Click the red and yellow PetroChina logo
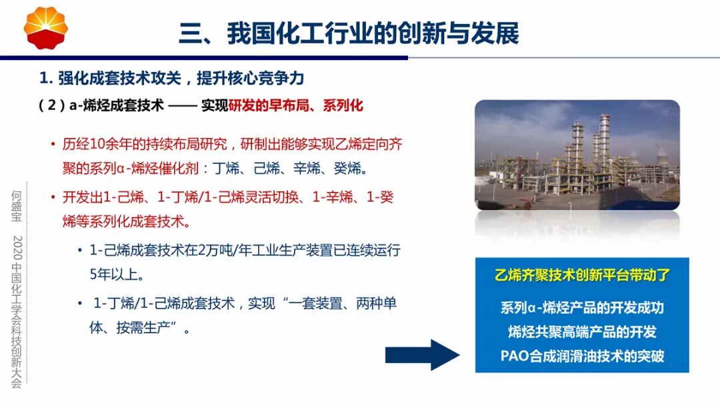46,28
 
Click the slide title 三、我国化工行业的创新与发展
349,33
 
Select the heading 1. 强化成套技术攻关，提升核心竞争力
172,78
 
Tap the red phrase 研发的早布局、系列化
296,105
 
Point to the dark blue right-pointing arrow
422,354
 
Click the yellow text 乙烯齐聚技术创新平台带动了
582,274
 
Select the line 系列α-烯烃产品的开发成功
582,308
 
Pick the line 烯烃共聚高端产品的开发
582,332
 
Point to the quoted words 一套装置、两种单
341,304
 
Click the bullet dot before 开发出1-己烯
53,198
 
